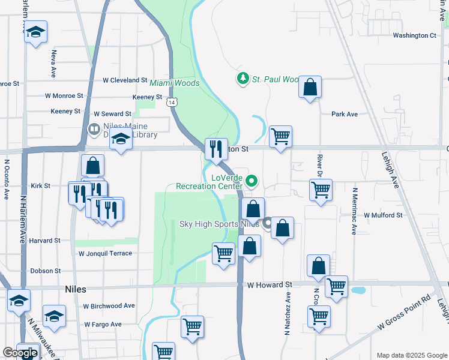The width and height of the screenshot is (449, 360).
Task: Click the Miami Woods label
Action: (x=174, y=83)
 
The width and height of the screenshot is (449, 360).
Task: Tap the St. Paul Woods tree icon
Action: (x=243, y=79)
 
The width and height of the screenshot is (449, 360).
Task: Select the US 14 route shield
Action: (x=172, y=103)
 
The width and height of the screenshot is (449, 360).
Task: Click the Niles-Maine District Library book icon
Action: (x=94, y=129)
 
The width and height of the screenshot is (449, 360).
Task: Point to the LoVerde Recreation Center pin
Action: (x=253, y=179)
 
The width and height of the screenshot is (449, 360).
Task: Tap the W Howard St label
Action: (x=269, y=284)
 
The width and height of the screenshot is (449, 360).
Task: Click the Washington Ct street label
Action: (x=414, y=35)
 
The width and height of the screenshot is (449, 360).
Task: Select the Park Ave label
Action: (x=344, y=114)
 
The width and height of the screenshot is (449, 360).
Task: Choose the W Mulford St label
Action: (x=382, y=215)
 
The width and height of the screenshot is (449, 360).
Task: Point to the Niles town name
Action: (x=75, y=289)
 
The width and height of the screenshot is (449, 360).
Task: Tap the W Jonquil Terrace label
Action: (x=105, y=253)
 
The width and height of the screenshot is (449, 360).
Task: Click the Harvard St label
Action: (x=44, y=241)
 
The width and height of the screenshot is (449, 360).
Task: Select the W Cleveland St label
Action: (x=125, y=80)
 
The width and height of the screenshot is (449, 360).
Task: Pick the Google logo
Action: (x=20, y=353)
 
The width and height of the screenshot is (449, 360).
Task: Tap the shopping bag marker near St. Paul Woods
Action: (x=310, y=87)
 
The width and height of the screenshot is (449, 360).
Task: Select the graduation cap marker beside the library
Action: (x=121, y=140)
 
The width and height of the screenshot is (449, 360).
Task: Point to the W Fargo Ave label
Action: (x=103, y=324)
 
